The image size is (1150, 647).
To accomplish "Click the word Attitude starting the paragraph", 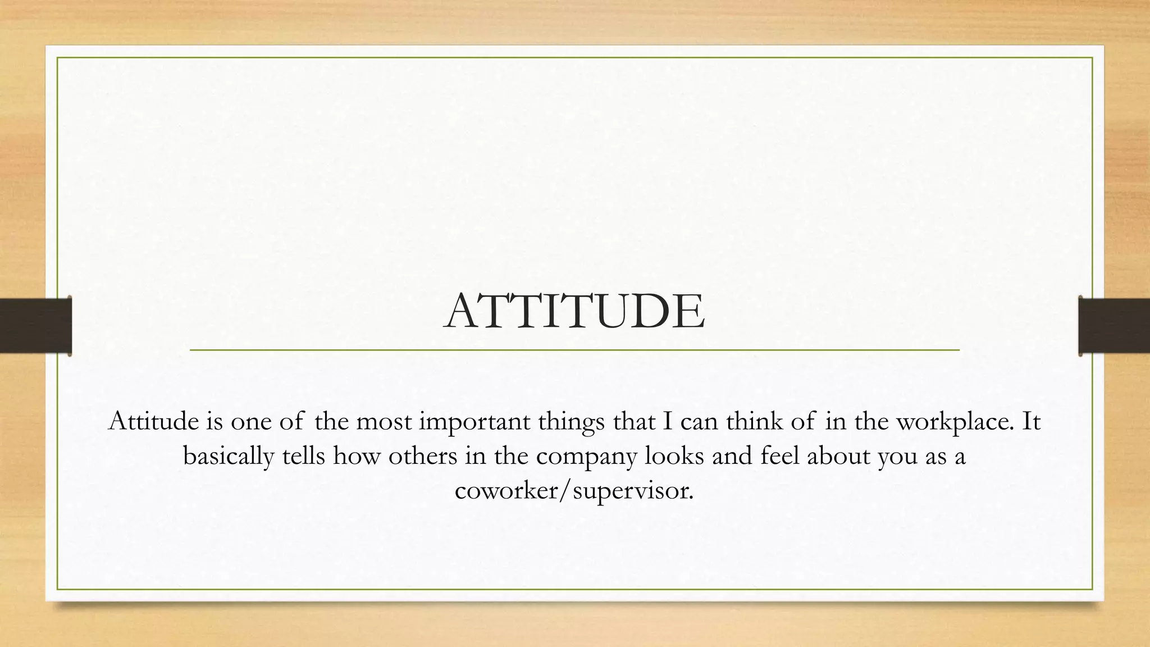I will tap(153, 421).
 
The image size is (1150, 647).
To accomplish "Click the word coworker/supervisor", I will tap(574, 490).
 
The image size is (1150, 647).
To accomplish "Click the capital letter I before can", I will tap(668, 421).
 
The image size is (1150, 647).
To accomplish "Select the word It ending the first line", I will tap(1031, 421).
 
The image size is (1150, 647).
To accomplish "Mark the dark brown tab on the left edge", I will tap(35, 326).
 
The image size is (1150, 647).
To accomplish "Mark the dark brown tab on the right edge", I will tap(1114, 326).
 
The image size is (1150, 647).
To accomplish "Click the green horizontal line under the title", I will tap(574, 350).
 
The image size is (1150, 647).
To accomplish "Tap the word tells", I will tap(303, 456).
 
